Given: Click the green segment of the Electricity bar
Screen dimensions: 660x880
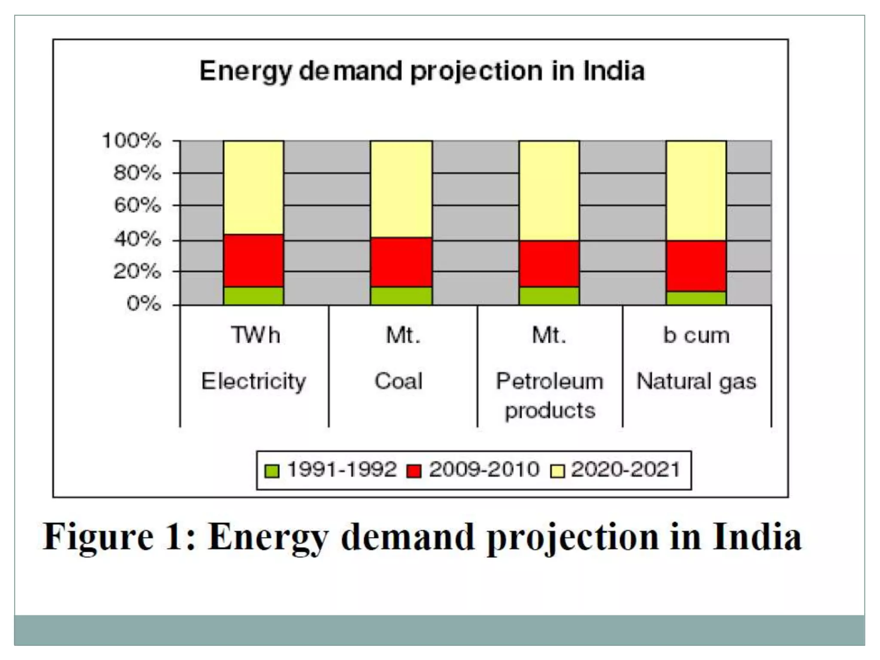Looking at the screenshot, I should pyautogui.click(x=254, y=296).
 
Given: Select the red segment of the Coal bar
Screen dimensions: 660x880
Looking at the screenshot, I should pyautogui.click(x=401, y=262).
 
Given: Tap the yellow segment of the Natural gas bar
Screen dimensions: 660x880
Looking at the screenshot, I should pyautogui.click(x=696, y=190).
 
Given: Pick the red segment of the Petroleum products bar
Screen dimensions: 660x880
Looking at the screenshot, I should pyautogui.click(x=549, y=263).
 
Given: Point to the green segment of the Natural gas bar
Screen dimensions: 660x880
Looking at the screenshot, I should pyautogui.click(x=696, y=298).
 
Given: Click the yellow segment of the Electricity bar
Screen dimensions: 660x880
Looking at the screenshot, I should pyautogui.click(x=254, y=187).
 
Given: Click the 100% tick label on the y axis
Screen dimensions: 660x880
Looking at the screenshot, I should pyautogui.click(x=131, y=141).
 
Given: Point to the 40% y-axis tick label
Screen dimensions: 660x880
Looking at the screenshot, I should pyautogui.click(x=137, y=239).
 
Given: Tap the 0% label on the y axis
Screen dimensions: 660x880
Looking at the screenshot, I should pyautogui.click(x=144, y=304).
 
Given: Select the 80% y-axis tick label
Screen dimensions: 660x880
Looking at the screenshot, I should pyautogui.click(x=137, y=174).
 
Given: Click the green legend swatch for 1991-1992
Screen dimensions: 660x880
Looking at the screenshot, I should pyautogui.click(x=272, y=471).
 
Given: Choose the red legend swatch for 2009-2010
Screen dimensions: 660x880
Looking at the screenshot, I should pyautogui.click(x=414, y=471).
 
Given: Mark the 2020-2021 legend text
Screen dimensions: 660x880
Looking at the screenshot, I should pyautogui.click(x=626, y=469).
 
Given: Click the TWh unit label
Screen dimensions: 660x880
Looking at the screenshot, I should pyautogui.click(x=256, y=335).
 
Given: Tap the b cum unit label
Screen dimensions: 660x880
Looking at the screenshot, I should pyautogui.click(x=696, y=335).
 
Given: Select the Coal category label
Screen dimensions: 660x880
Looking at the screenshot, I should pyautogui.click(x=399, y=381).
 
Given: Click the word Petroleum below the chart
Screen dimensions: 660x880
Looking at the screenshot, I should pyautogui.click(x=550, y=381).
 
